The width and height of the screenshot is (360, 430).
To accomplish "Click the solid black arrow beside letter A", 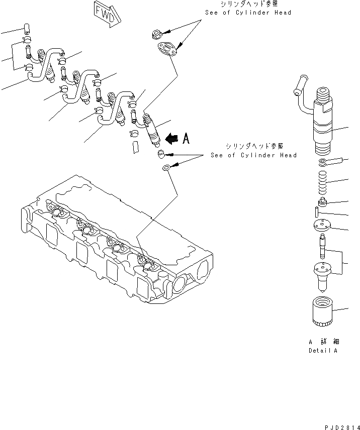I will click(171, 138).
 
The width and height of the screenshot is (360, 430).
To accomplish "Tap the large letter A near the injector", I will click(186, 138).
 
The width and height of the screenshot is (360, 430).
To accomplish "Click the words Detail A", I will click(323, 350).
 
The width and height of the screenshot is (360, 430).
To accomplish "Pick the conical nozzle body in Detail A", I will click(323, 275).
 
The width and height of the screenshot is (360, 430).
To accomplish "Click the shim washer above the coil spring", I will click(322, 162).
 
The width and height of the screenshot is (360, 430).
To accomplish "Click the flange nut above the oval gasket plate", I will click(156, 34).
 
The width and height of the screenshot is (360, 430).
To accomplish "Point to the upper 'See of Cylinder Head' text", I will click(248, 13).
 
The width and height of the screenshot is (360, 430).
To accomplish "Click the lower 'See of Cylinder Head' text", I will click(253, 155).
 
